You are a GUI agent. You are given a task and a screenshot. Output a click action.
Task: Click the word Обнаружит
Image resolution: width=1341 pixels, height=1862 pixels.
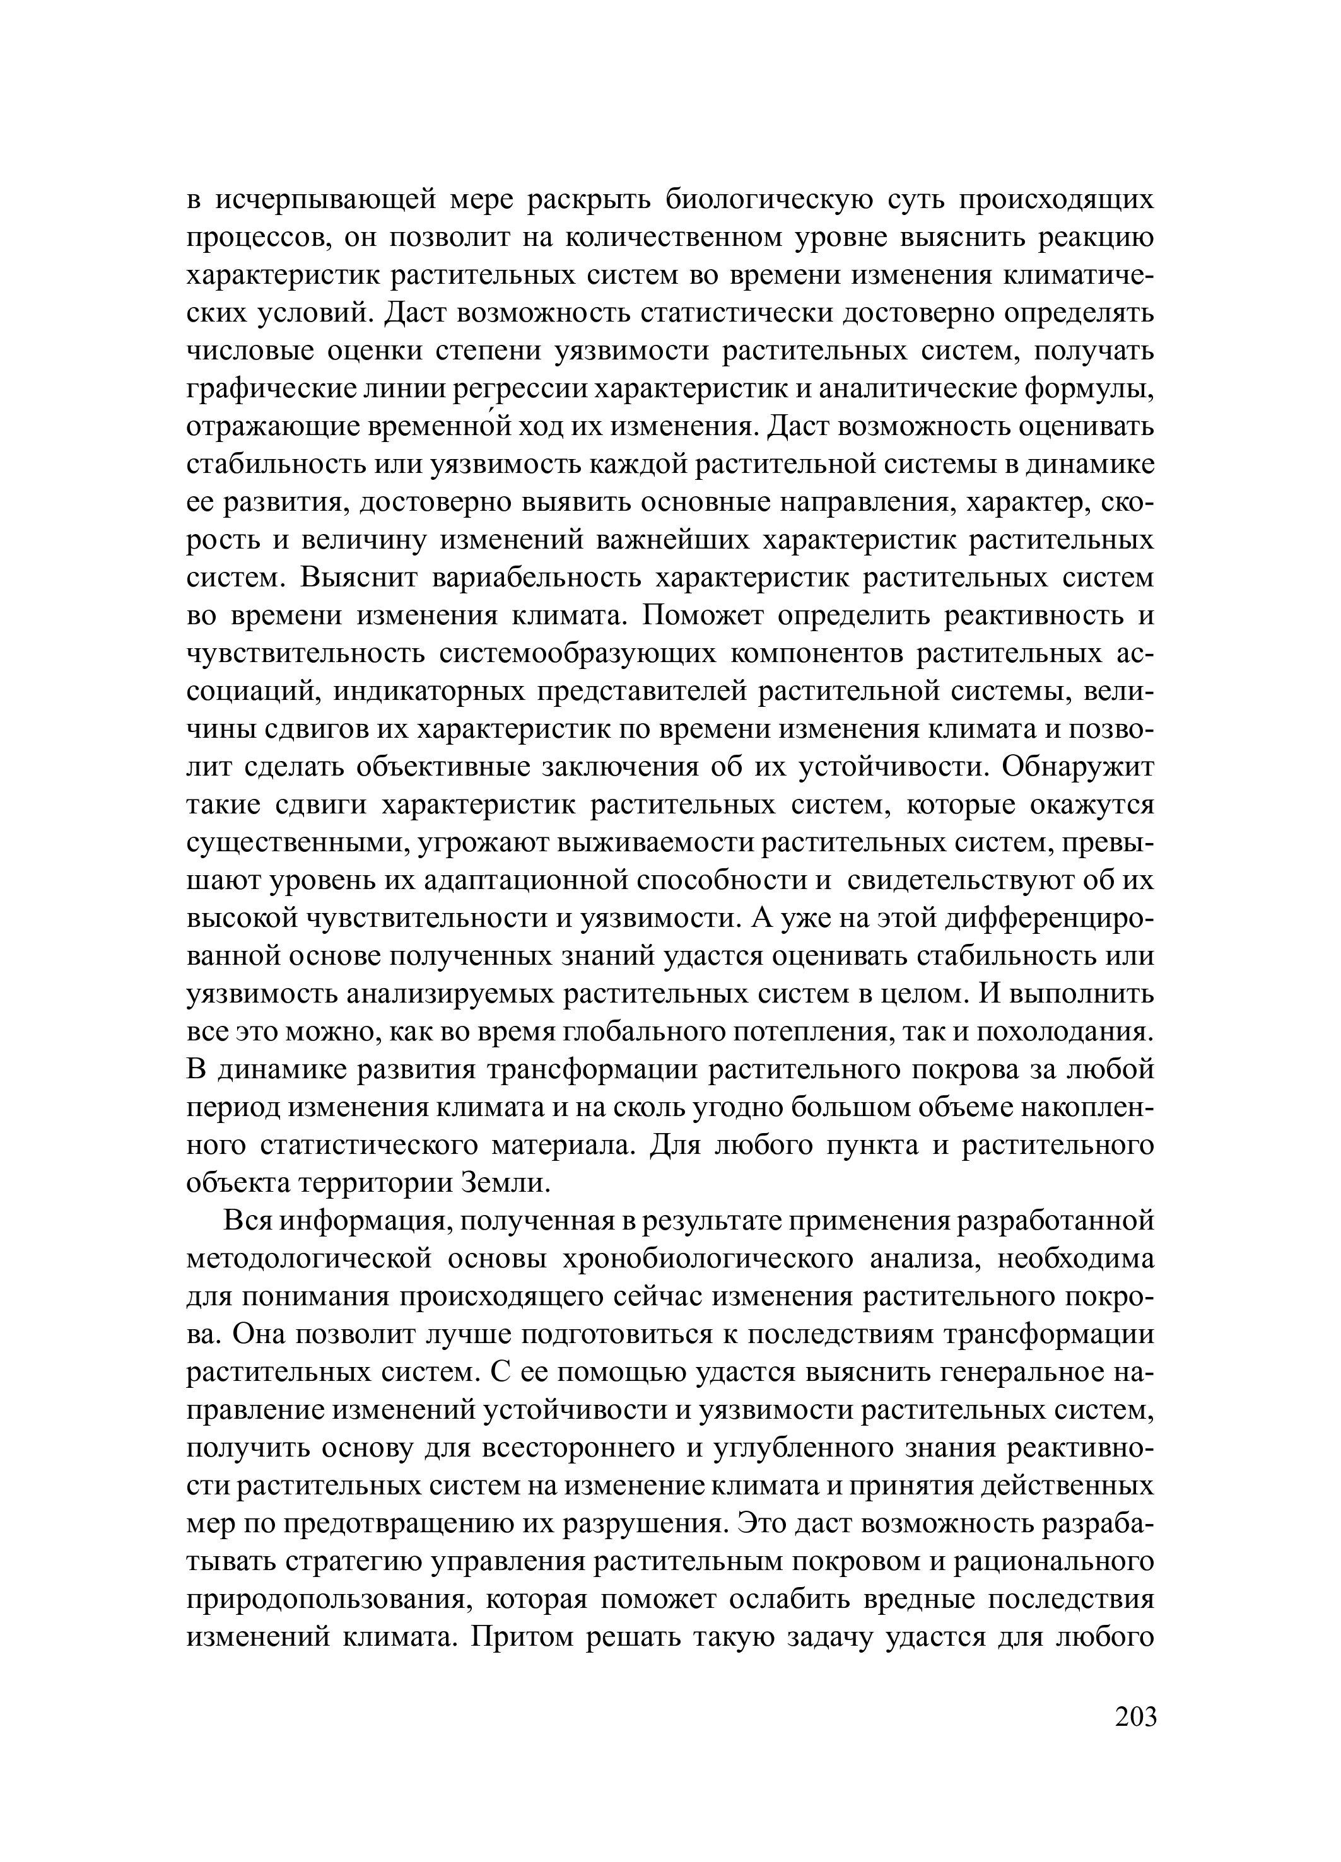point(1077,767)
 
